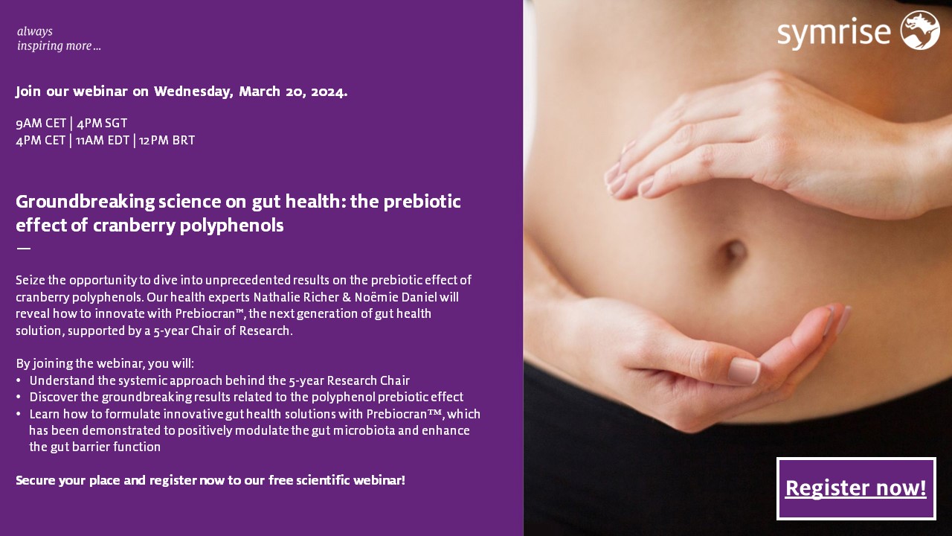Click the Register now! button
coord(856,488)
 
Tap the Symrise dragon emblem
coord(920,31)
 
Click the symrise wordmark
coord(834,33)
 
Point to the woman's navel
coord(734,251)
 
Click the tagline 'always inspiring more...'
coord(59,39)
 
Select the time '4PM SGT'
coord(102,124)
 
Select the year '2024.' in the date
coord(329,92)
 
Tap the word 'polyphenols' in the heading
coord(242,226)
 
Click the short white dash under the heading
coord(23,248)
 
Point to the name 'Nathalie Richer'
coord(285,297)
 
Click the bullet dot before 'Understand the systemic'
coord(19,381)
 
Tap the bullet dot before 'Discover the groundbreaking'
coord(19,398)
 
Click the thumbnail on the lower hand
coord(742,370)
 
